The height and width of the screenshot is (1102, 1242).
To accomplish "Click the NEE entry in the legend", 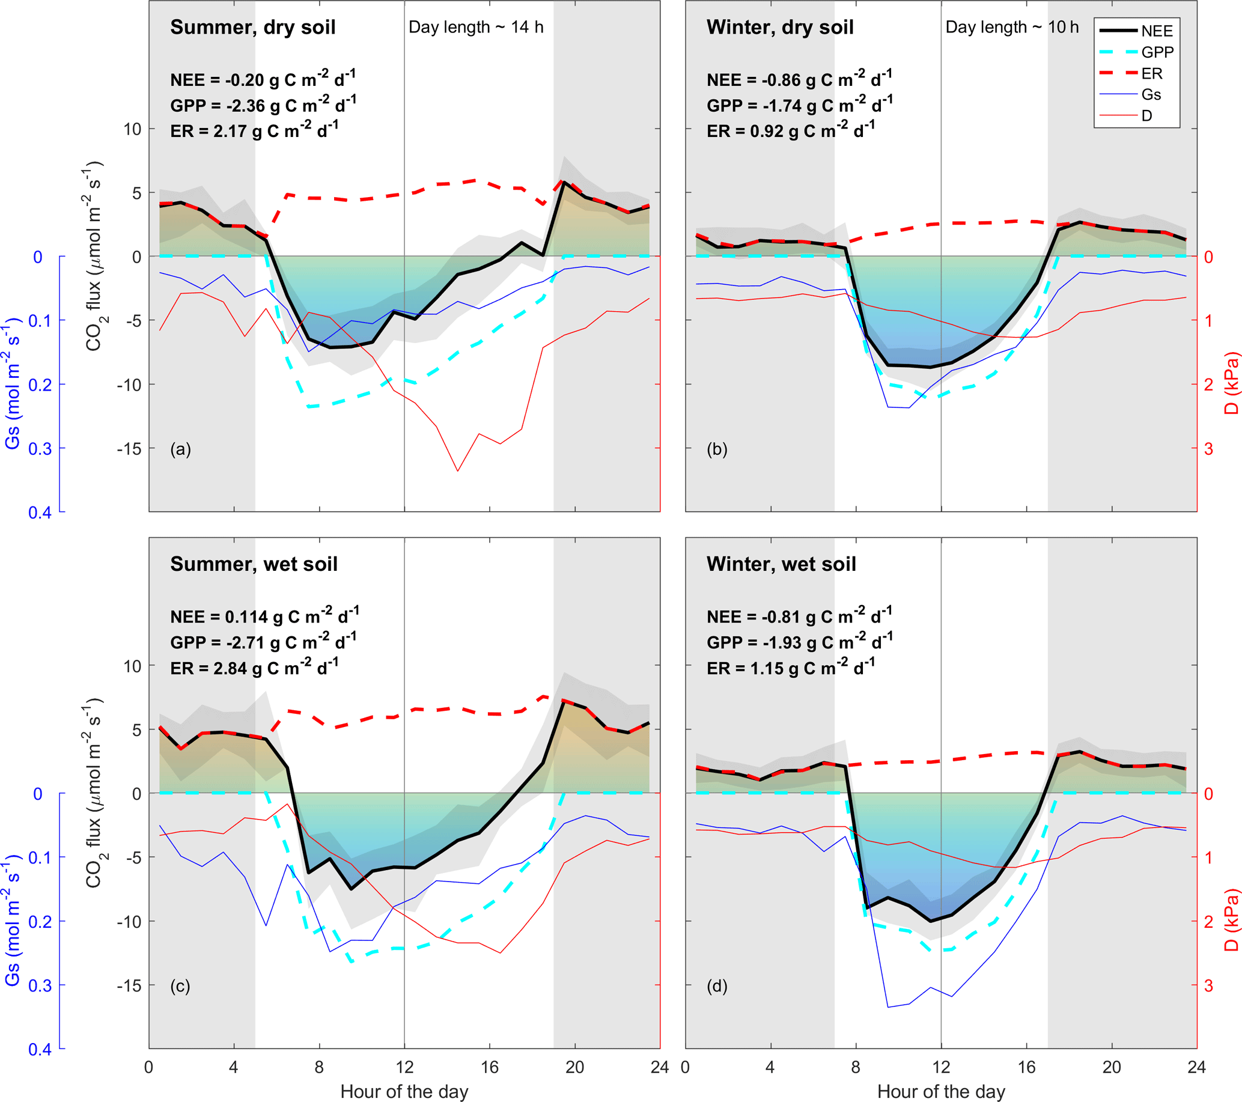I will tap(1156, 31).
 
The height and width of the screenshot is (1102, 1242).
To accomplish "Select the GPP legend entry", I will tap(1157, 52).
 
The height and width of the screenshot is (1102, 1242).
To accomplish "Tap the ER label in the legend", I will tap(1151, 73).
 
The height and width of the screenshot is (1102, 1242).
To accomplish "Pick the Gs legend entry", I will tap(1151, 95).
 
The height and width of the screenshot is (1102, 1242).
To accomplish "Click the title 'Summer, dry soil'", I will tap(253, 27).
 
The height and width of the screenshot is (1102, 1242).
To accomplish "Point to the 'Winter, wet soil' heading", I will tap(781, 564).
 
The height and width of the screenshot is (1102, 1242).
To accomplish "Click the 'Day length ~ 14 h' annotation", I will tap(476, 27).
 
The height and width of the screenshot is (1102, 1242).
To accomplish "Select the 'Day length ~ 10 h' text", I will tap(1012, 27).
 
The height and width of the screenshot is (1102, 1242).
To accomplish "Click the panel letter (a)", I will tap(180, 449).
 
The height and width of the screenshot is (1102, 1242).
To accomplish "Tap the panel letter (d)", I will tap(717, 985).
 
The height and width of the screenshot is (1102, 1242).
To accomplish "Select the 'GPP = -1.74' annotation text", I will tap(799, 105).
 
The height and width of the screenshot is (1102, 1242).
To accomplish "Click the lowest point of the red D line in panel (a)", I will tap(457, 471).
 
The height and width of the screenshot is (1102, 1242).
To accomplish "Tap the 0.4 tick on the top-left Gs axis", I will tap(40, 512).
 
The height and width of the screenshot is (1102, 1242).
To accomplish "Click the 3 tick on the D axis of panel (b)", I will tap(1208, 448).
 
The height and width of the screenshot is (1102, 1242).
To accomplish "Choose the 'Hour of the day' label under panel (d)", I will tap(940, 1092).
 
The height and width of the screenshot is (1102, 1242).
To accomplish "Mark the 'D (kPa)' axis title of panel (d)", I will tap(1231, 920).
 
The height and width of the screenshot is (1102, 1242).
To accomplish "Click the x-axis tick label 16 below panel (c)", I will tap(490, 1067).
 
